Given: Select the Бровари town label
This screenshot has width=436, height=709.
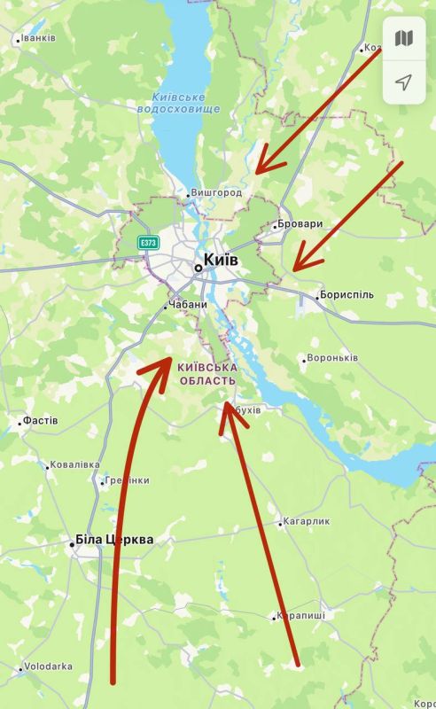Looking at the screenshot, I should click(299, 224).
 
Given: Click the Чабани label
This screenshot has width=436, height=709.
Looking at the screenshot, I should click(187, 305).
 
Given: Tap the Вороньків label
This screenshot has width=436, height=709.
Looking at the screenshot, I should click(331, 359).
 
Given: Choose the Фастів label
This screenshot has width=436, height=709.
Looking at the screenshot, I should click(40, 420).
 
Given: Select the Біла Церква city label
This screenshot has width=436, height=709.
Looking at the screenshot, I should click(114, 540).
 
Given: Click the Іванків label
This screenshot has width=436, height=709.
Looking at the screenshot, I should click(37, 38).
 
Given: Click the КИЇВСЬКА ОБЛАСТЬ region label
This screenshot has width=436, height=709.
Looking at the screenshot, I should click(207, 373).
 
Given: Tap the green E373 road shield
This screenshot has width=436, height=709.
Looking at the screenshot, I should click(148, 242).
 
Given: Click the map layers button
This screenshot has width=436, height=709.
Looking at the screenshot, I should click(404, 38).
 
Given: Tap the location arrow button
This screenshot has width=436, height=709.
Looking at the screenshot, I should click(404, 82).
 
